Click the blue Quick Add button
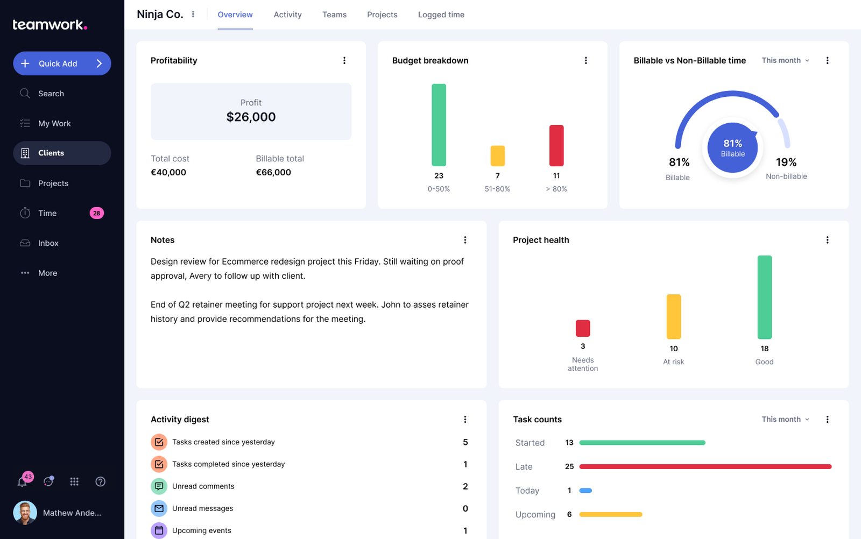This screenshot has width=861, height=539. click(x=62, y=63)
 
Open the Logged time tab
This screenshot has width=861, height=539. click(x=441, y=15)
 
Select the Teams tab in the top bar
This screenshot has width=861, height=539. click(x=334, y=15)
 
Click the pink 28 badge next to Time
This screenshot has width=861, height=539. click(x=96, y=213)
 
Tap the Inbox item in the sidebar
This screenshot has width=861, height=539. click(x=48, y=243)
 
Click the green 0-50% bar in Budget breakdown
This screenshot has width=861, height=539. click(x=439, y=125)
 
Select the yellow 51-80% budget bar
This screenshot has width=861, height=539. click(x=497, y=156)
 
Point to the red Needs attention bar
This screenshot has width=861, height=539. click(x=583, y=328)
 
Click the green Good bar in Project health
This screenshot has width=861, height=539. click(x=764, y=297)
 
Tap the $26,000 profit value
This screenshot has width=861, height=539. click(x=251, y=117)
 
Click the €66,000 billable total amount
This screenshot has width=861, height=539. click(x=273, y=173)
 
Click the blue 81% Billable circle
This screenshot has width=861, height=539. click(x=732, y=147)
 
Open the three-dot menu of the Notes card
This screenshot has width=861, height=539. click(x=465, y=240)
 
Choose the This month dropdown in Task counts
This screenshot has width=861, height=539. click(x=785, y=420)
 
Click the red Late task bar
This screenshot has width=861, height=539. click(x=705, y=466)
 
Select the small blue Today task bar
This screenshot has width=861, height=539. click(x=585, y=491)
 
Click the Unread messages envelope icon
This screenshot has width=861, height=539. click(x=159, y=508)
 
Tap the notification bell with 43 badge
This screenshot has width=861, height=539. click(x=23, y=481)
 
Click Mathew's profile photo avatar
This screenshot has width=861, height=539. click(x=25, y=513)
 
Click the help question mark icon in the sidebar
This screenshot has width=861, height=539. click(x=100, y=481)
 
